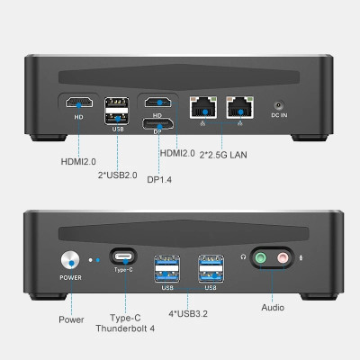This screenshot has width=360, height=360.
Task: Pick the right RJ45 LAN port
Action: click(x=239, y=105)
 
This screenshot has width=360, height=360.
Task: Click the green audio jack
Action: click(x=263, y=258)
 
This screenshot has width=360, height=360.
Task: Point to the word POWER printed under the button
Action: click(x=70, y=278)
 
